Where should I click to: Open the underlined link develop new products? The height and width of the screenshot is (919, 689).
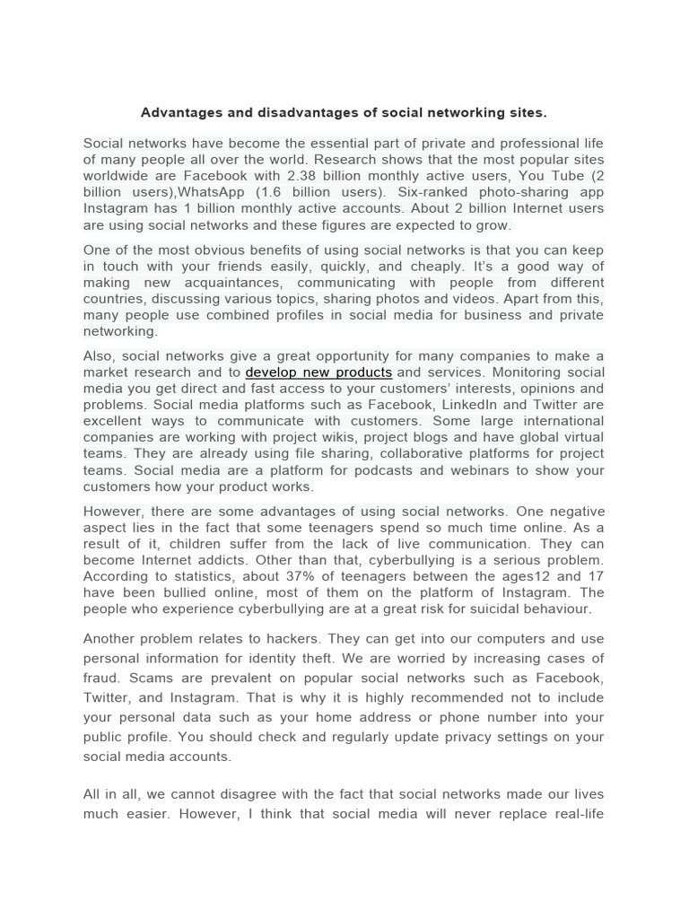click(x=318, y=372)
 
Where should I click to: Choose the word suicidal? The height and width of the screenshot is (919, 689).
click(x=495, y=608)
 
